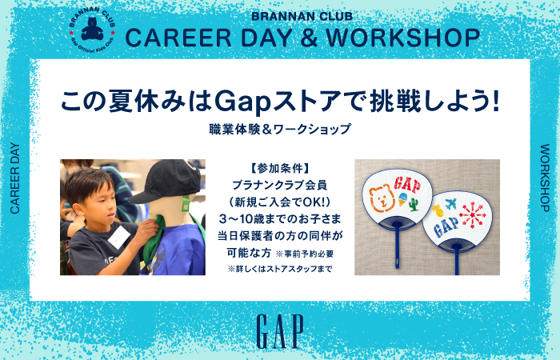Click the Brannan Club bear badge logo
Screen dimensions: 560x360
93,29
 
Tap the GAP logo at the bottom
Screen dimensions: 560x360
280,331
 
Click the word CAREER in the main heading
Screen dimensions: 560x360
178,38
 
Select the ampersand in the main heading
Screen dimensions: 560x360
310,38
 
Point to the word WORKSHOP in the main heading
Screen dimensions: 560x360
403,38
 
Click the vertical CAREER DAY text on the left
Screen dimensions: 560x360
14,178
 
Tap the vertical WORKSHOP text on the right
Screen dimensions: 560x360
545,178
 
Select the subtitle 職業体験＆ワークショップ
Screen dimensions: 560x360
280,129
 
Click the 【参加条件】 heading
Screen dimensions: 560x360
280,168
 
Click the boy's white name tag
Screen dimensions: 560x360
119,237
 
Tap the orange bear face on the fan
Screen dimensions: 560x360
382,199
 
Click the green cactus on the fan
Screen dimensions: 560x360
414,205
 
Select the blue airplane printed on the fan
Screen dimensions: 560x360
450,204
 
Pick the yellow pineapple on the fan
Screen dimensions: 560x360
437,210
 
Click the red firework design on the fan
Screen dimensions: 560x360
473,215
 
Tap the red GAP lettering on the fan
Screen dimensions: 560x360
407,184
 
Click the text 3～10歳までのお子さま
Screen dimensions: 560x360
280,218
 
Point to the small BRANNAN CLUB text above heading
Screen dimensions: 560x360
302,17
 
